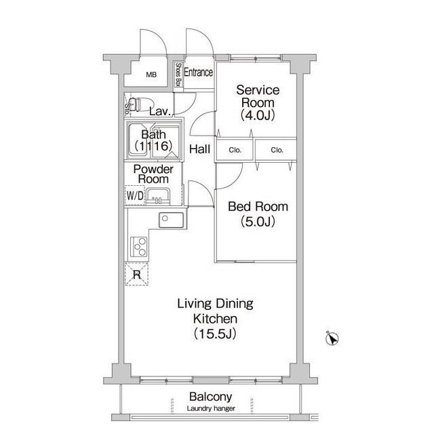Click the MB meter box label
tap(151, 75)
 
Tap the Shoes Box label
tap(178, 75)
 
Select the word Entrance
tap(199, 73)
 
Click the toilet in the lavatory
tap(140, 104)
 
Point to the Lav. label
tap(159, 111)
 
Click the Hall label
tap(200, 149)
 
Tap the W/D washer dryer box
tap(135, 195)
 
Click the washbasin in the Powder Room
tap(158, 197)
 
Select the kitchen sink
tap(172, 220)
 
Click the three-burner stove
tap(139, 247)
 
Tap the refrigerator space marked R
tap(137, 274)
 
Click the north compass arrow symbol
tap(332, 338)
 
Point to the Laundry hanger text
tap(211, 408)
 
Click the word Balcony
tap(211, 397)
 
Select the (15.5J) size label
tap(215, 334)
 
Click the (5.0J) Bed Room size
tap(258, 221)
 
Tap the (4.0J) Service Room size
tap(258, 115)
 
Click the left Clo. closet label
tap(235, 150)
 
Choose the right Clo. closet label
tap(277, 150)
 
